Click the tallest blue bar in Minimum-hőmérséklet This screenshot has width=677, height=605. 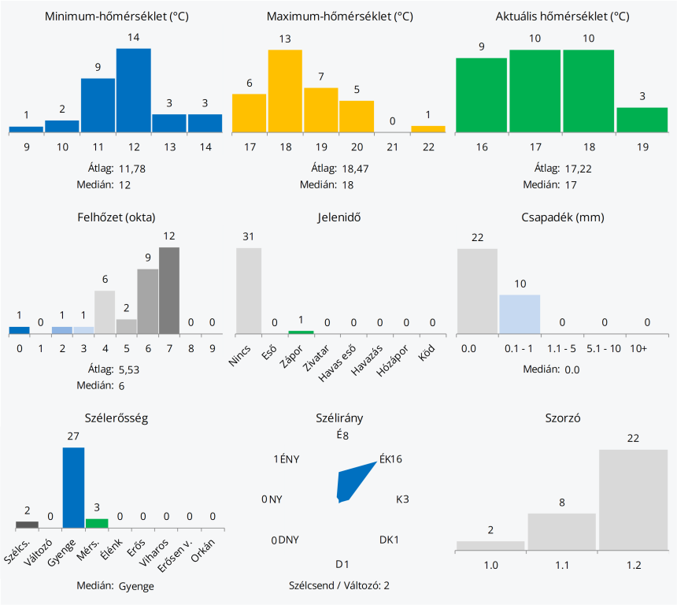click(134, 90)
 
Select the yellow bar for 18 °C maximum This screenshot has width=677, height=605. click(285, 91)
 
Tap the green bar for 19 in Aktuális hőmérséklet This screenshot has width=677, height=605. click(642, 119)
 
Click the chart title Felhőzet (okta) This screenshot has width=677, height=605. click(116, 217)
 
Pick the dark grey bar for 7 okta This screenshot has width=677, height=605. click(169, 290)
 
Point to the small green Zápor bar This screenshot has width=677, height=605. click(301, 332)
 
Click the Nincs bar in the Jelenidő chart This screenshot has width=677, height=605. click(249, 290)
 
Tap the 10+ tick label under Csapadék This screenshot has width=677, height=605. click(647, 347)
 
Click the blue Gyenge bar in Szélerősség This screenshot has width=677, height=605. click(73, 487)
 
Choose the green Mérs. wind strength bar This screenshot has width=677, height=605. click(97, 523)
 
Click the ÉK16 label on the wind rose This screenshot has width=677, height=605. click(390, 459)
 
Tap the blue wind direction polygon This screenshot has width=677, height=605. click(351, 482)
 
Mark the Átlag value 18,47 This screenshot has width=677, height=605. click(353, 169)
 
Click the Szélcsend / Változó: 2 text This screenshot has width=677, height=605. click(339, 585)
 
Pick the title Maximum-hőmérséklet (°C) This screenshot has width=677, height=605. click(339, 17)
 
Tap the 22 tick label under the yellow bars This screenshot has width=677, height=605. click(428, 147)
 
